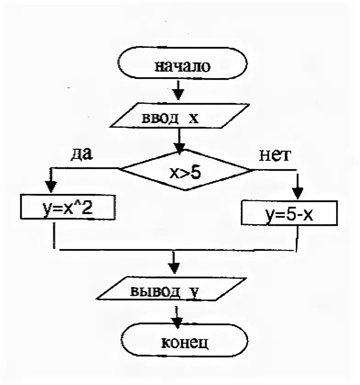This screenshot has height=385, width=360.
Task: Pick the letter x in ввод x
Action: click(x=193, y=119)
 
